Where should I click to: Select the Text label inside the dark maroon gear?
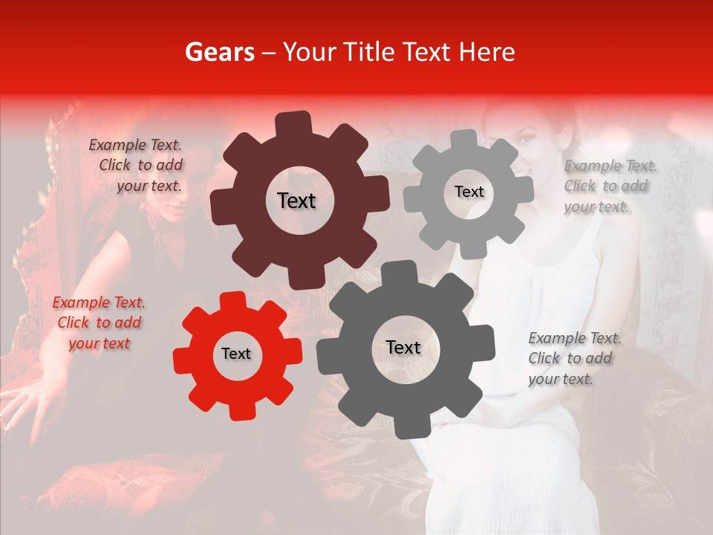(296, 201)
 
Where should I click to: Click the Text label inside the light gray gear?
(469, 192)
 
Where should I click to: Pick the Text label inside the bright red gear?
(236, 354)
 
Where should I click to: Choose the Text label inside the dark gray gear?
(403, 347)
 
